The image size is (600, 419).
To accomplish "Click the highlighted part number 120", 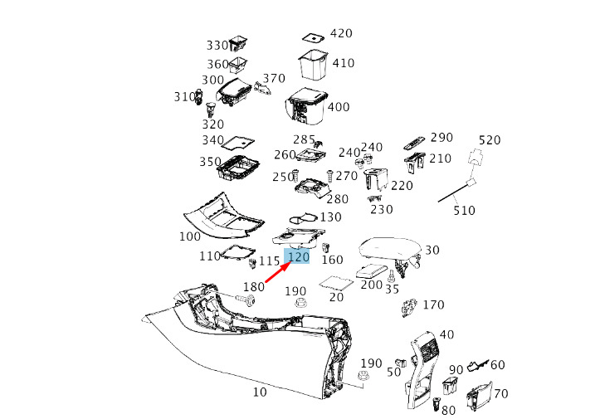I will point(298,257).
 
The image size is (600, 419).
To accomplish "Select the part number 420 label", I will point(340,33).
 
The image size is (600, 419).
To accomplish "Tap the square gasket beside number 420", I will point(312,37).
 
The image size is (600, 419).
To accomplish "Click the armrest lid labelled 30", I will point(389,250).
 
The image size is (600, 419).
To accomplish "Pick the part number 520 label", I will point(490,140).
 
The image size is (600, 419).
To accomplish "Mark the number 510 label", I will point(464,211).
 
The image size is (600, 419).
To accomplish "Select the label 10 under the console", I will point(260,392).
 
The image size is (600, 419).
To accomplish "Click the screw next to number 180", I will point(246,298).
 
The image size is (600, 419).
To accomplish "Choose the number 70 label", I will point(500,393).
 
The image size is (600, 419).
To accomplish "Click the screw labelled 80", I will point(437,404).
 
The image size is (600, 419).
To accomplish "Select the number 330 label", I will point(217,45).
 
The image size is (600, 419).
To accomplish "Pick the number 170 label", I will point(433,305).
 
